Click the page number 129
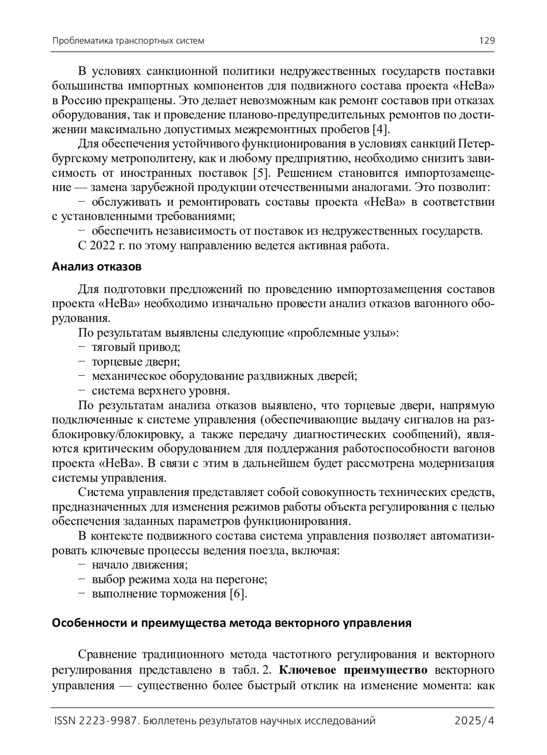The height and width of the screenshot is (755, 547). coord(486,41)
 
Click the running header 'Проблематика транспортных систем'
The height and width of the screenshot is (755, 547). coord(128,41)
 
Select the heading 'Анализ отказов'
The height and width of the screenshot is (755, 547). coord(97,267)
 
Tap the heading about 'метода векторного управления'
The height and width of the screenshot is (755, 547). coord(232,623)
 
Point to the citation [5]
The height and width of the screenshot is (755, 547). coord(262,173)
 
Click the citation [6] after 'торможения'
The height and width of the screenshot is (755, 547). coord(238,594)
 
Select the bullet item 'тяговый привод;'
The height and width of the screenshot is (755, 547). coord(136,347)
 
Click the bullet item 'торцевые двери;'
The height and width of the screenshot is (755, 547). coord(135,362)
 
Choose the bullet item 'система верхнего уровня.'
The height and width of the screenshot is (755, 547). coord(160,391)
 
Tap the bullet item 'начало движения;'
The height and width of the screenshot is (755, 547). coord(139,565)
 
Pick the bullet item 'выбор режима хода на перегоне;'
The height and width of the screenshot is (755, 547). coord(179,579)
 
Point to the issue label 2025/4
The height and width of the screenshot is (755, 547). coord(475,721)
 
